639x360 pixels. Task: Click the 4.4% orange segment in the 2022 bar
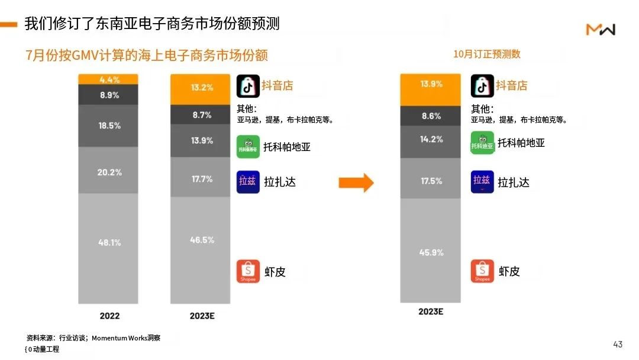[x=109, y=79]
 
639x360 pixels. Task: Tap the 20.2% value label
[x=109, y=172]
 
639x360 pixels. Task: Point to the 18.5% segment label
[x=109, y=126]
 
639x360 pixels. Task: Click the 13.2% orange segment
[x=202, y=88]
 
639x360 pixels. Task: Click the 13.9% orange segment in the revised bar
[x=431, y=84]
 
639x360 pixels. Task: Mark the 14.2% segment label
[x=431, y=139]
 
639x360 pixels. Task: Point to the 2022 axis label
[x=109, y=316]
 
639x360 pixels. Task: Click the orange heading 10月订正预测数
[x=486, y=54]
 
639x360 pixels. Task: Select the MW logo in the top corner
[x=601, y=29]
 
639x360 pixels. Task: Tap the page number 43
[x=618, y=344]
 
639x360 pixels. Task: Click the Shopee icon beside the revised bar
[x=482, y=271]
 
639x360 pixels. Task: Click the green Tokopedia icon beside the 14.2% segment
[x=482, y=143]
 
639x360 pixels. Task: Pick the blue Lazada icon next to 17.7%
[x=248, y=182]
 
